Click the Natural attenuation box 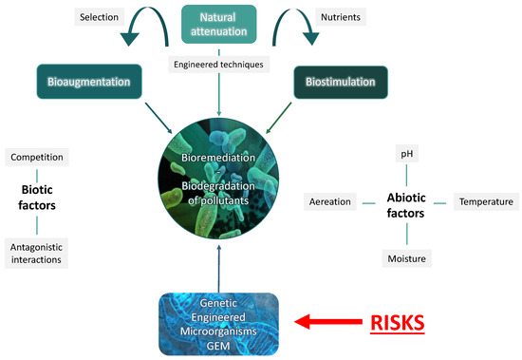click(218, 25)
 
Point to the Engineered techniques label click(219, 64)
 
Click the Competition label click(38, 155)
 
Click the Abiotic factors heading click(405, 202)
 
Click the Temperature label click(485, 201)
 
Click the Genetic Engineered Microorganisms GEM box click(218, 324)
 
